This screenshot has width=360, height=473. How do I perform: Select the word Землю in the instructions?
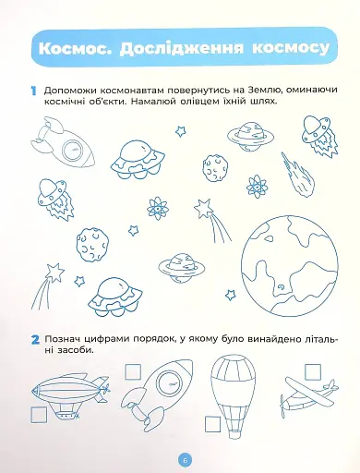coord(262,90)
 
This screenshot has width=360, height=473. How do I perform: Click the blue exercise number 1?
coord(33,91)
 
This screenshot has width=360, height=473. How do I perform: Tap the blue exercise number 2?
coord(35,340)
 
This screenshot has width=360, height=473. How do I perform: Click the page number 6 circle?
coord(185,460)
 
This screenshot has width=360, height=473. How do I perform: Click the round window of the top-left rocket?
coord(74,150)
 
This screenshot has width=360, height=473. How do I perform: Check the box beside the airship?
coord(39,414)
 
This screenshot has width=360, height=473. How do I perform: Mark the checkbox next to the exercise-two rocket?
coord(133,371)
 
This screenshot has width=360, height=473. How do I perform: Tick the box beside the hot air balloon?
coord(212,425)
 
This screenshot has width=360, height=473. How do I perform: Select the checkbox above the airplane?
coord(313,371)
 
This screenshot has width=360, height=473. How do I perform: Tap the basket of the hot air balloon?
coord(233,432)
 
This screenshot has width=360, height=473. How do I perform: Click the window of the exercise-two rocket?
coord(170,384)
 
